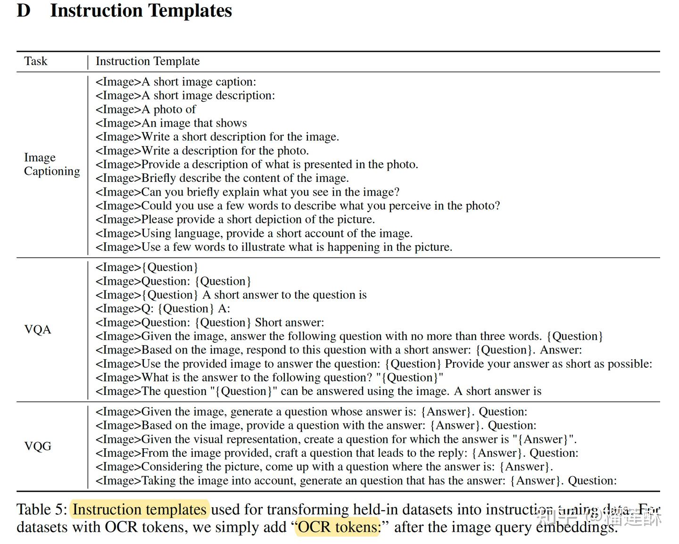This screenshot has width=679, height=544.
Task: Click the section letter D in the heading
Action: (24, 10)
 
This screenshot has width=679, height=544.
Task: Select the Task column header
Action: (36, 61)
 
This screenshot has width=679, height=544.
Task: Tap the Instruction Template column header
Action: (148, 61)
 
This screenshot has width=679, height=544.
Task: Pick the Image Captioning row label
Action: (52, 164)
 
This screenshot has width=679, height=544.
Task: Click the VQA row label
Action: (38, 329)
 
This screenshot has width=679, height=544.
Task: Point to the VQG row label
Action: (38, 446)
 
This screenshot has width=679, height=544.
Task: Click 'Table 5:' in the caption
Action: (42, 510)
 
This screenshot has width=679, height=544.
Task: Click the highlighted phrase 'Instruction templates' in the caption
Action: (140, 510)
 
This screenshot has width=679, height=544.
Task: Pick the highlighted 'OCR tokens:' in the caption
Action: (339, 527)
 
